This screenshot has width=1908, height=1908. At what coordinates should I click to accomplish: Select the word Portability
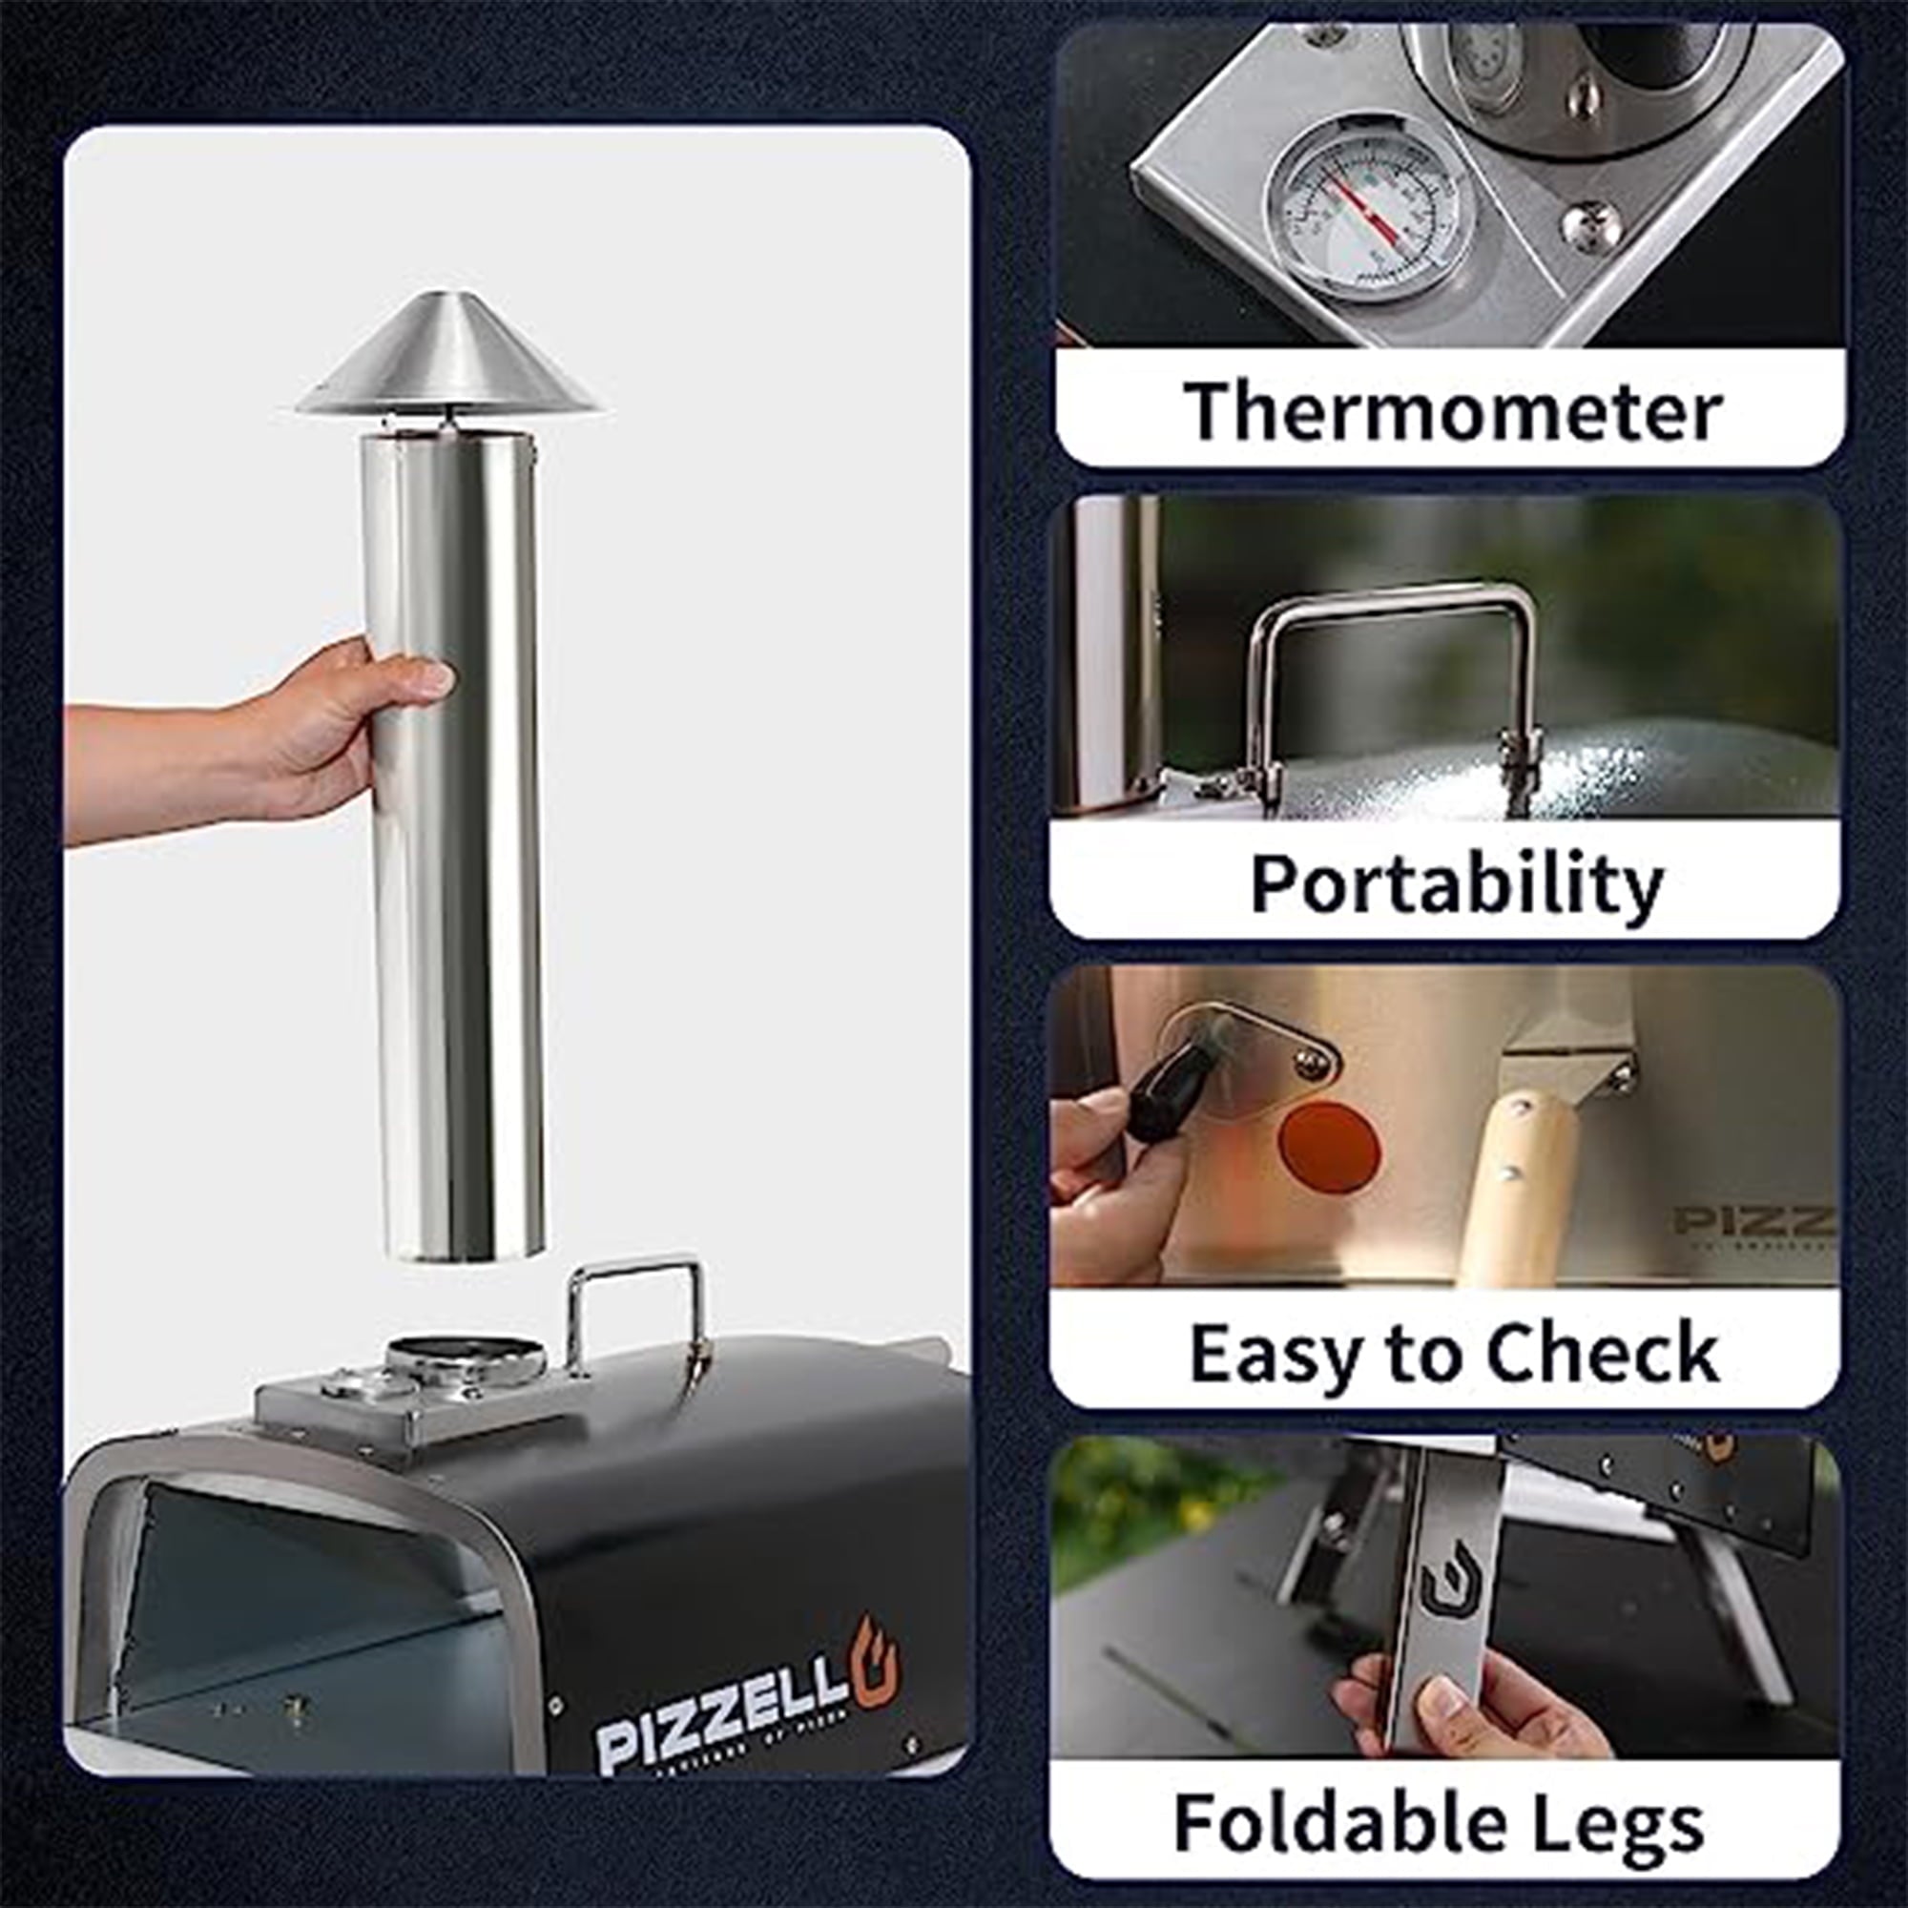[1457, 881]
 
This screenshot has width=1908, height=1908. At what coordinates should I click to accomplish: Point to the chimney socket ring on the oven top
[467, 1355]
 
